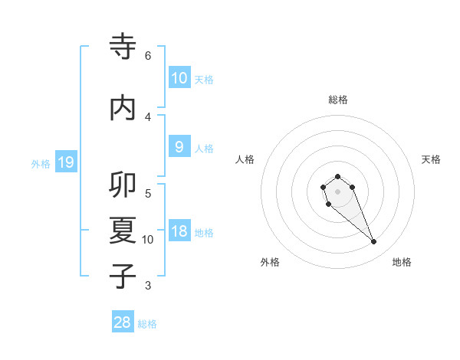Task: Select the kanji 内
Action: point(123,108)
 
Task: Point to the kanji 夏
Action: point(123,231)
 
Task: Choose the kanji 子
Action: point(123,276)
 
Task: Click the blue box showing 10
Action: point(179,77)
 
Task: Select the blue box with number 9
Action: point(179,147)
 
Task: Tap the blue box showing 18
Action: point(179,232)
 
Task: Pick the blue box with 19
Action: point(65,162)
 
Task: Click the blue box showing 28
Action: point(123,323)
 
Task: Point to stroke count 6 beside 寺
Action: point(148,56)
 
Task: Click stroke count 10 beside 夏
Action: point(148,240)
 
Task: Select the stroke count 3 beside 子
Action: point(148,286)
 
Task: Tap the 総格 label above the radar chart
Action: point(338,100)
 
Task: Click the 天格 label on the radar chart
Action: point(431,159)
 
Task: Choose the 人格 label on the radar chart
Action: point(245,159)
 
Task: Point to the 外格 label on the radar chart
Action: point(270,262)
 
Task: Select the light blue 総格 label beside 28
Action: point(147,324)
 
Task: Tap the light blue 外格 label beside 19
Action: point(40,163)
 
